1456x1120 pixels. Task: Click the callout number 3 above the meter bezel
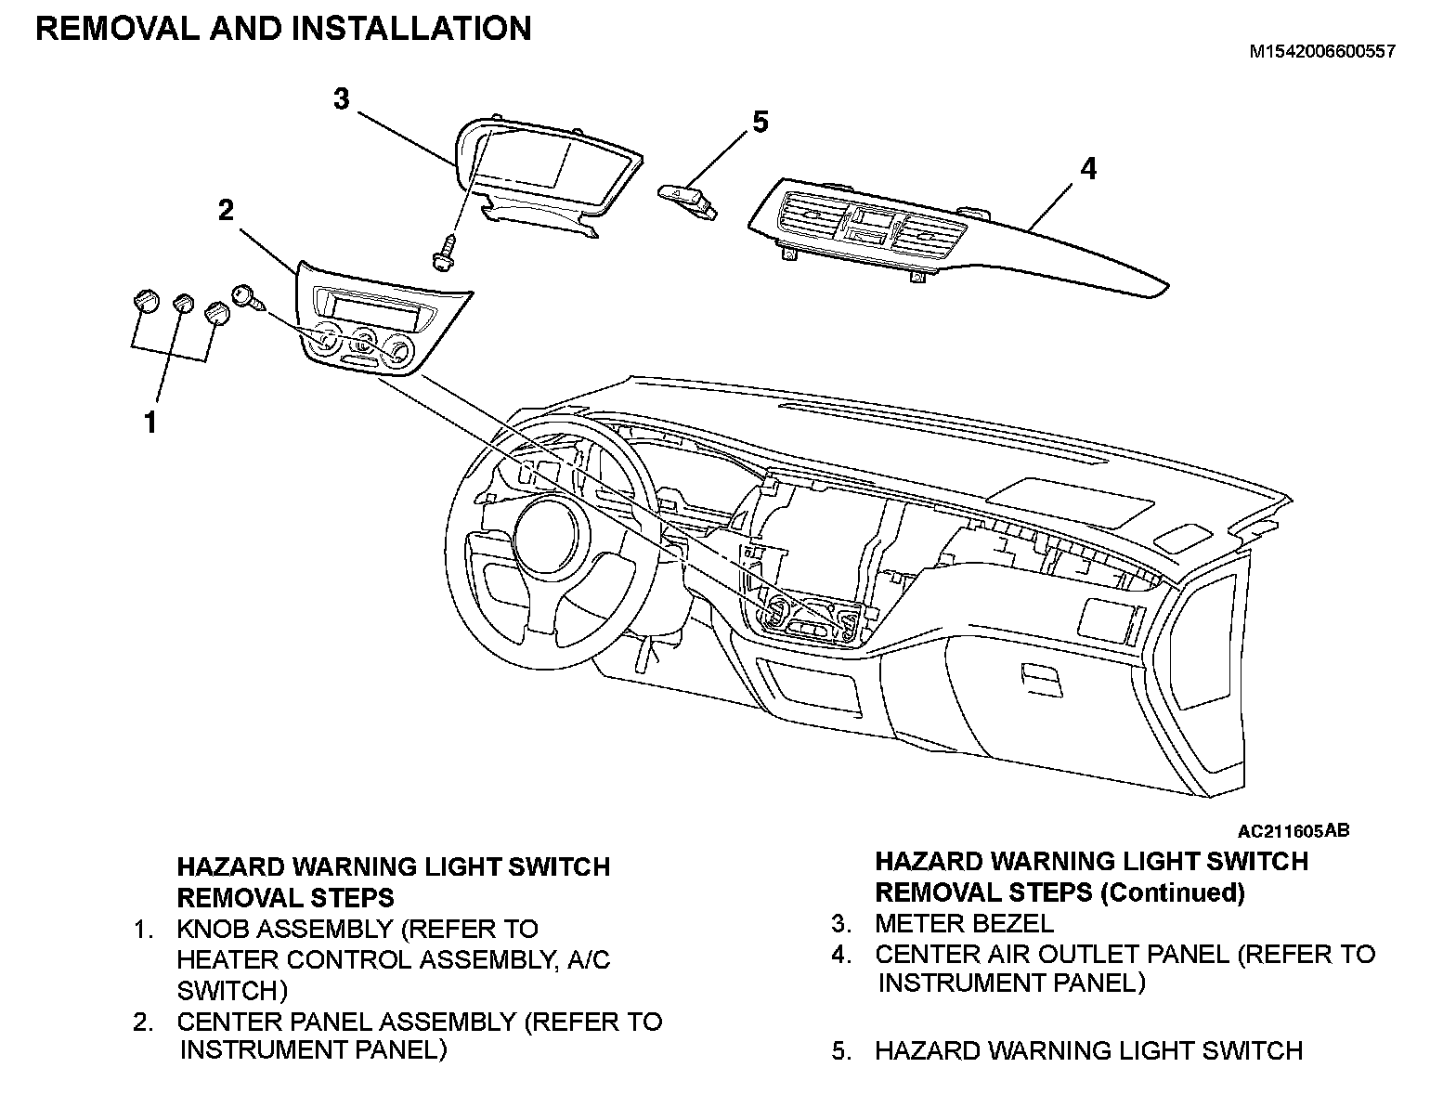tap(342, 98)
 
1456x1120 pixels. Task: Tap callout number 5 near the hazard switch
tap(760, 121)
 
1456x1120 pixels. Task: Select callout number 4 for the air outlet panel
tap(1087, 169)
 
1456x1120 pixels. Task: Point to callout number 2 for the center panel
tap(227, 210)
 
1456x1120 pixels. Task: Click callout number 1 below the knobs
tap(149, 423)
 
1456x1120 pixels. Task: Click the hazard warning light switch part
tap(688, 197)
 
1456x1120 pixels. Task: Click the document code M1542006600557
tap(1320, 53)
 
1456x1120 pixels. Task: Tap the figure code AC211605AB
tap(1293, 829)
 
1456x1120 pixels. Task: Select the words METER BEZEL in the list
tap(964, 924)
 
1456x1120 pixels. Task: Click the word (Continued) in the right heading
tap(1172, 893)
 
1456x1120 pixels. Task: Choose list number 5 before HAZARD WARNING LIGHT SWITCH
tap(840, 1051)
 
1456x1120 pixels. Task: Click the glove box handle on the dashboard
tap(1040, 677)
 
